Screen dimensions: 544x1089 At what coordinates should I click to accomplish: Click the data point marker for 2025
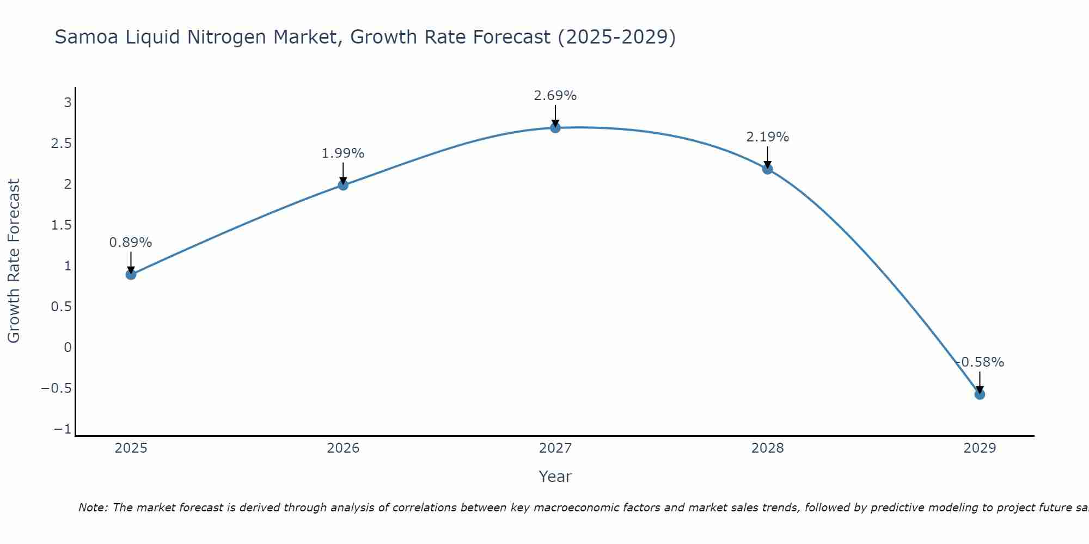click(131, 274)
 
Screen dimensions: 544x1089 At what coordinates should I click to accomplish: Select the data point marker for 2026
click(343, 185)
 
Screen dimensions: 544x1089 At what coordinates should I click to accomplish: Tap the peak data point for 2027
click(555, 128)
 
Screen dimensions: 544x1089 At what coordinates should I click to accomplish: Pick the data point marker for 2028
click(768, 169)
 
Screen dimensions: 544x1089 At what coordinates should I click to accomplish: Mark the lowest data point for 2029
click(980, 394)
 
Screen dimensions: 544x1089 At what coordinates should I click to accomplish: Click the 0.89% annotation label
click(131, 243)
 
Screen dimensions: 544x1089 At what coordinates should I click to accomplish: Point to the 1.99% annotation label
click(343, 153)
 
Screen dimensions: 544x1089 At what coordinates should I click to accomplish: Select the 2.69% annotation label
click(555, 96)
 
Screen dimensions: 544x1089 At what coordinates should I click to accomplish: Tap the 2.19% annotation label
click(768, 137)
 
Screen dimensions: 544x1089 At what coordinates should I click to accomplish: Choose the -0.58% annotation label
click(980, 362)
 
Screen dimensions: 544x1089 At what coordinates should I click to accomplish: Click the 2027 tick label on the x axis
click(555, 448)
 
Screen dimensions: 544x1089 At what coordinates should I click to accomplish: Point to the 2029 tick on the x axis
click(980, 448)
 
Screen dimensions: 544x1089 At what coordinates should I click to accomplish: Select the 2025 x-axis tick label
click(131, 448)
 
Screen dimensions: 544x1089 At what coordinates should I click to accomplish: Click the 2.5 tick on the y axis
click(61, 144)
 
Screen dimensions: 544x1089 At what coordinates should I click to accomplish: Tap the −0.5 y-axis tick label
click(56, 388)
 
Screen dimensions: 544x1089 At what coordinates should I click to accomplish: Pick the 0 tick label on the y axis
click(68, 348)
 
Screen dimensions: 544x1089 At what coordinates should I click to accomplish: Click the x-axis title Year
click(555, 477)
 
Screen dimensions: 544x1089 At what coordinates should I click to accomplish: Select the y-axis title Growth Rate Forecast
click(14, 261)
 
